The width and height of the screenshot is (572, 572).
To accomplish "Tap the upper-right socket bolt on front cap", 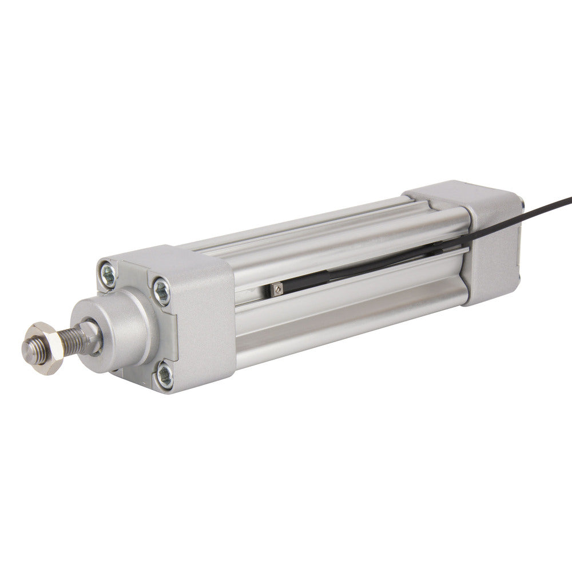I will click(x=161, y=289).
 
